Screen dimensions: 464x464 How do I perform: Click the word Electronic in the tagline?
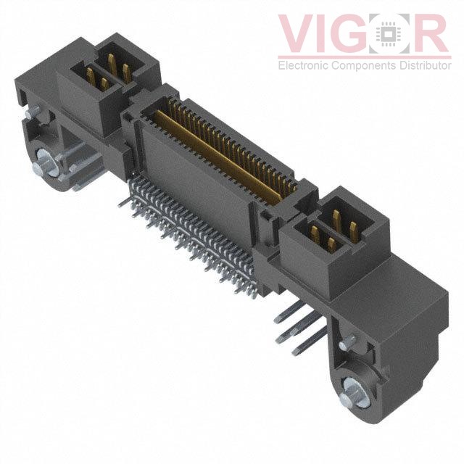click(305, 66)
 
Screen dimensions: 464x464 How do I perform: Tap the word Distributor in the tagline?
click(426, 66)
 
